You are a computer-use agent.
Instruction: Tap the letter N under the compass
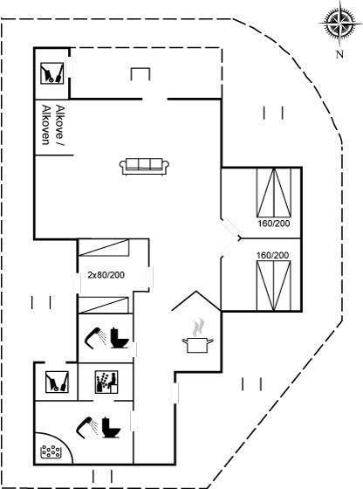tap(339, 54)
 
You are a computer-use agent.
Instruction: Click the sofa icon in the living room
tap(144, 166)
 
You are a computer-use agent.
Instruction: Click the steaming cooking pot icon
tap(198, 337)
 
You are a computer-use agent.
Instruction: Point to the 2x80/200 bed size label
tap(106, 275)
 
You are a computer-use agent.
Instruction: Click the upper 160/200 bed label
tap(274, 224)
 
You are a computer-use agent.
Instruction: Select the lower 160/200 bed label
tap(272, 255)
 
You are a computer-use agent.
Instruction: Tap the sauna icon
tap(106, 382)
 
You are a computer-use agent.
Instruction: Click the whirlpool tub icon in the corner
tap(51, 451)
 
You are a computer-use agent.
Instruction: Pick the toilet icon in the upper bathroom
tap(120, 338)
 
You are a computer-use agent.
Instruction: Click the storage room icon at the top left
tap(51, 73)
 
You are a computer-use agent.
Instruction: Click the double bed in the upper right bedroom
tap(274, 192)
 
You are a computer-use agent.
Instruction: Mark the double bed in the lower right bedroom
tap(274, 286)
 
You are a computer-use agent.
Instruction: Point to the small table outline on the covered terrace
tap(140, 74)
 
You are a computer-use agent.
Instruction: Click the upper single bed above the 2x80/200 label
tap(104, 248)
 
